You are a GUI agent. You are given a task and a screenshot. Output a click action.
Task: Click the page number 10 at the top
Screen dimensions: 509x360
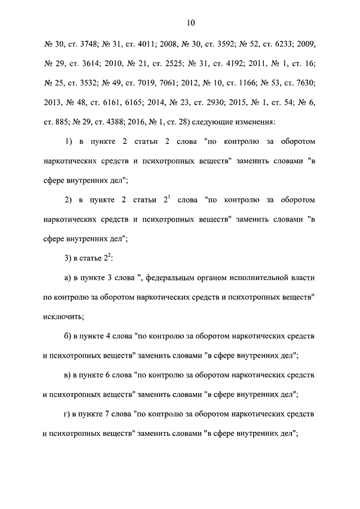(x=190, y=23)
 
